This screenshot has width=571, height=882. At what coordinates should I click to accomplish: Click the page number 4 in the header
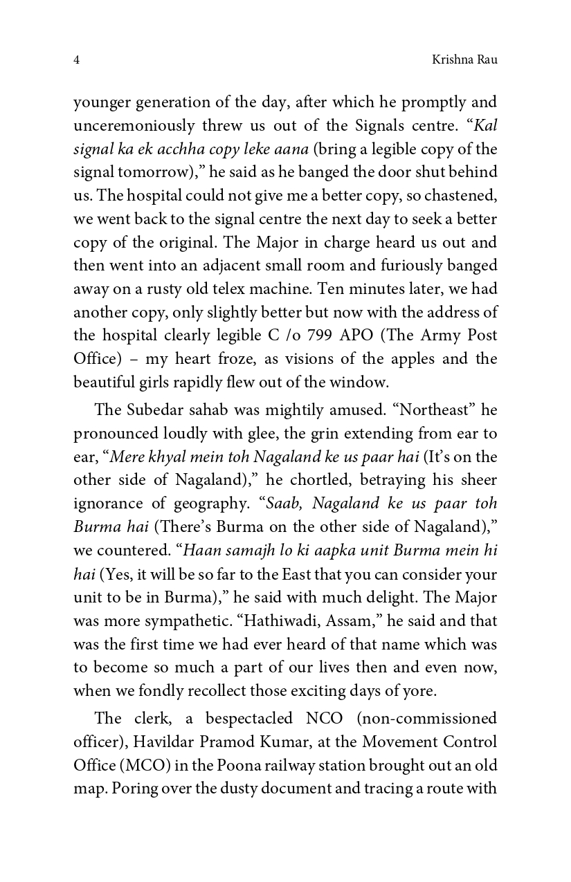click(x=76, y=60)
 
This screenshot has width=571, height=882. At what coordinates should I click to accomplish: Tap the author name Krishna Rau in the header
click(x=464, y=60)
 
